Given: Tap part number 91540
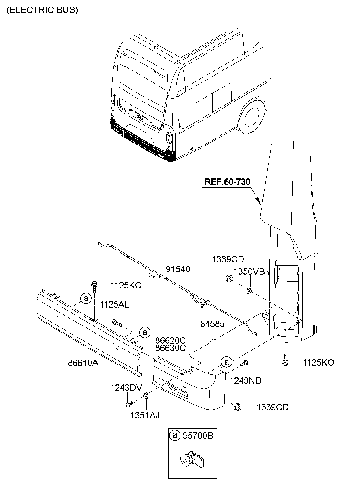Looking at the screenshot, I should (x=178, y=269).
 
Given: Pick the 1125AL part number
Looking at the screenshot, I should (x=115, y=305).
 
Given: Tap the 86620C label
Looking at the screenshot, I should (x=171, y=340).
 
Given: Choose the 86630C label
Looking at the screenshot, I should (x=171, y=348).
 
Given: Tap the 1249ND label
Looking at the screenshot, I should (x=246, y=381).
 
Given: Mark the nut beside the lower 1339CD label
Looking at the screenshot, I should (x=239, y=406).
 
